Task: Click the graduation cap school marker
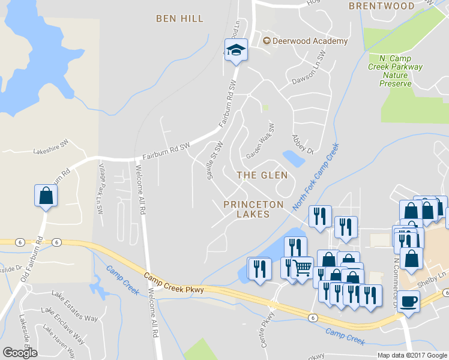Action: (x=237, y=50)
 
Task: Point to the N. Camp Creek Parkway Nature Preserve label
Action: (x=395, y=71)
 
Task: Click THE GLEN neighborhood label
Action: (x=262, y=175)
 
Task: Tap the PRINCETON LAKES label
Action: (x=253, y=209)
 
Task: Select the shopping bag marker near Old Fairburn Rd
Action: (x=46, y=196)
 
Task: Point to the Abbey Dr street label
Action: (x=303, y=144)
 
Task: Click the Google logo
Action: (x=20, y=352)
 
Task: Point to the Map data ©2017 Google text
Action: (x=412, y=355)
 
